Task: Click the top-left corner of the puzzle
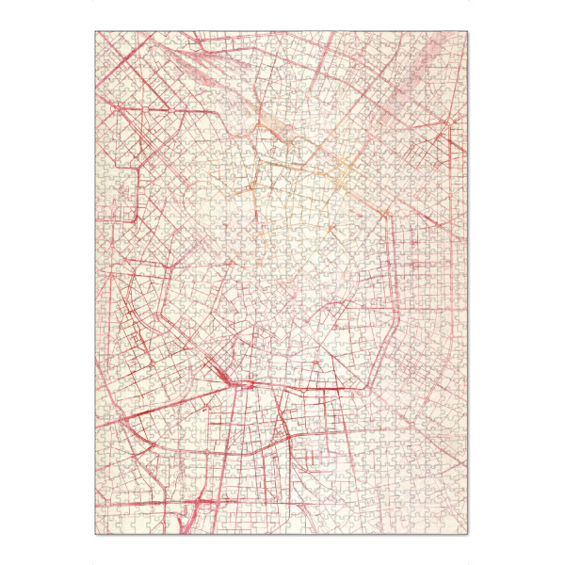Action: (95, 31)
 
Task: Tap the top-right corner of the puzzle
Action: (468, 31)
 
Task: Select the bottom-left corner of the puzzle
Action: (95, 534)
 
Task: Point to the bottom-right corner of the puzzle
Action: (468, 534)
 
